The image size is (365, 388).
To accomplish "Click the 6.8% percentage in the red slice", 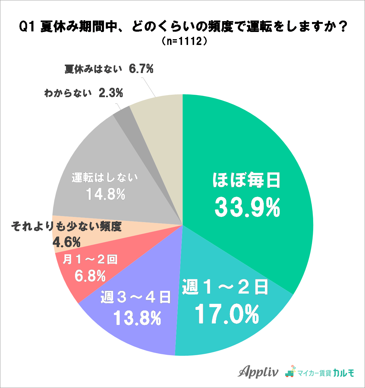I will (x=90, y=275).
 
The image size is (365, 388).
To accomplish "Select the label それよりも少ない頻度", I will (x=66, y=226).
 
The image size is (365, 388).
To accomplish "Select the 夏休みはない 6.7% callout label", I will (x=109, y=69).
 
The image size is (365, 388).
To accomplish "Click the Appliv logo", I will (x=258, y=372).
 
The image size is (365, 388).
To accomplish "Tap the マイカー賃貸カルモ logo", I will (x=320, y=372).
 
